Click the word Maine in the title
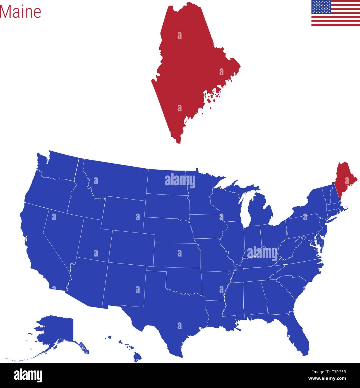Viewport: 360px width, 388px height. click(x=21, y=12)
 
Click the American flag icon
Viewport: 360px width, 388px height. click(x=335, y=13)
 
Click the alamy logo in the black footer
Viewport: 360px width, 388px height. click(x=28, y=375)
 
